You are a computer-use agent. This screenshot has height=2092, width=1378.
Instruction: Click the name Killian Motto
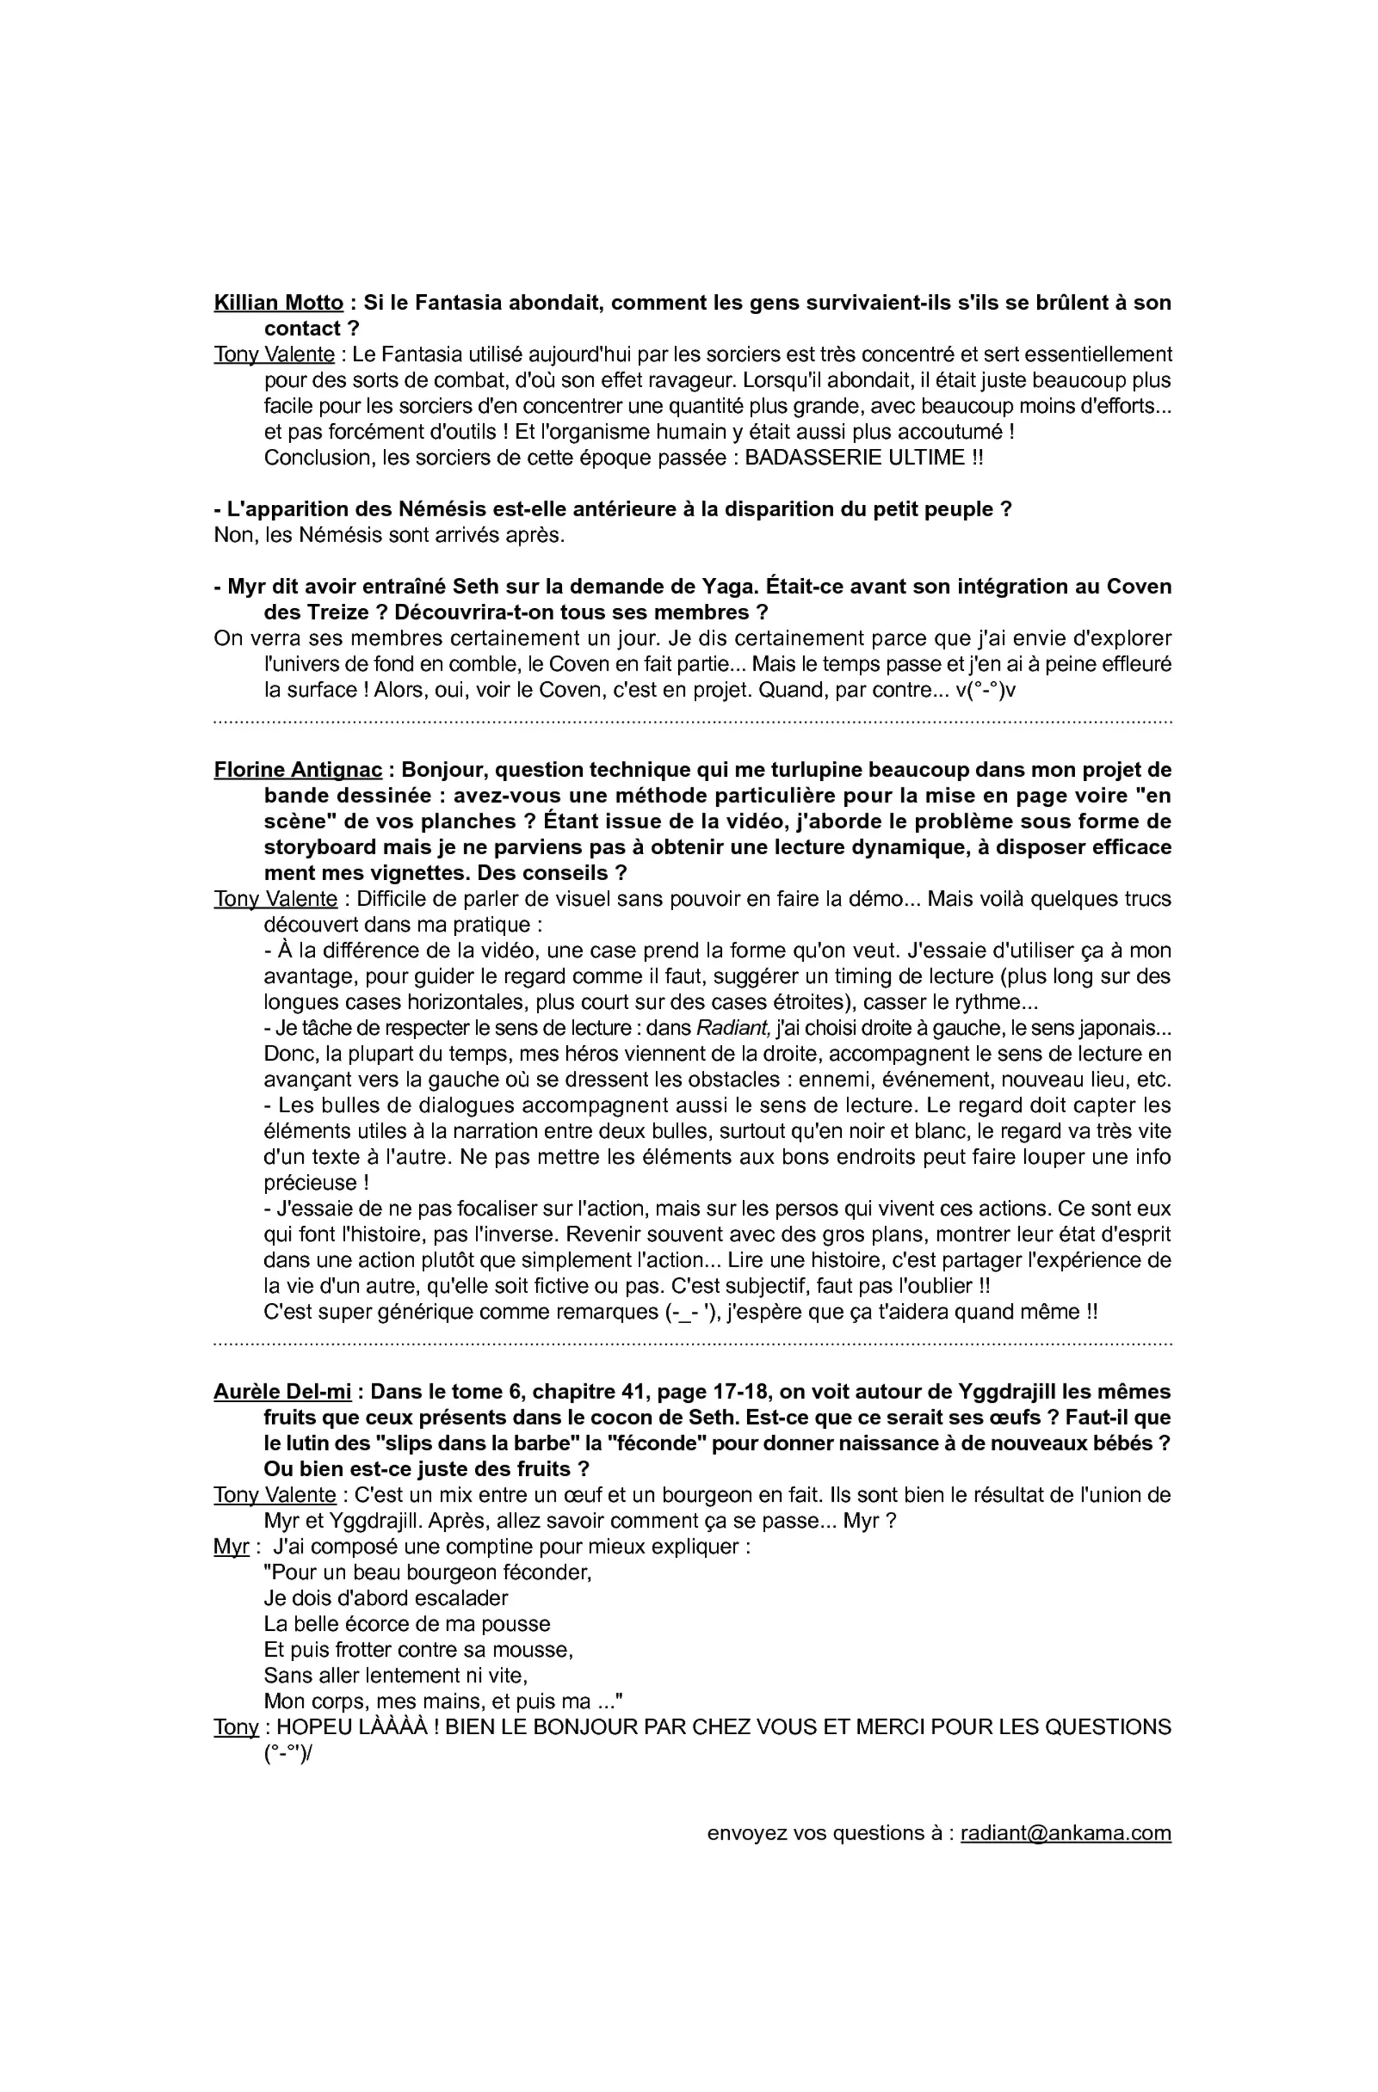tap(278, 303)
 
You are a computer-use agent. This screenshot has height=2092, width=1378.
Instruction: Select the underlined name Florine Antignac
tap(297, 770)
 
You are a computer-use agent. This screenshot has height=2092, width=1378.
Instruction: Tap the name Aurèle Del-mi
tap(281, 1392)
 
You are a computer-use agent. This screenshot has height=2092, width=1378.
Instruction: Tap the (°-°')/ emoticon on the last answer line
tap(289, 1753)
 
